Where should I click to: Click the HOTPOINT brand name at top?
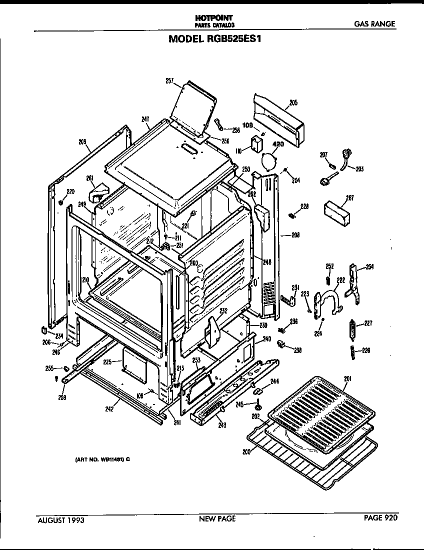213,17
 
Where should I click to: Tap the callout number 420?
277,145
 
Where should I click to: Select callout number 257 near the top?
169,80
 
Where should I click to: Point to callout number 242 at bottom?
109,408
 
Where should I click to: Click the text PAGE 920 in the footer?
380,518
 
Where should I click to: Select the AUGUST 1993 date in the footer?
61,520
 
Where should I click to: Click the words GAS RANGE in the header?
374,23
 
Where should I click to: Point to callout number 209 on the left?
82,141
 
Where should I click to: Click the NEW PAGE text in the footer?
217,519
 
